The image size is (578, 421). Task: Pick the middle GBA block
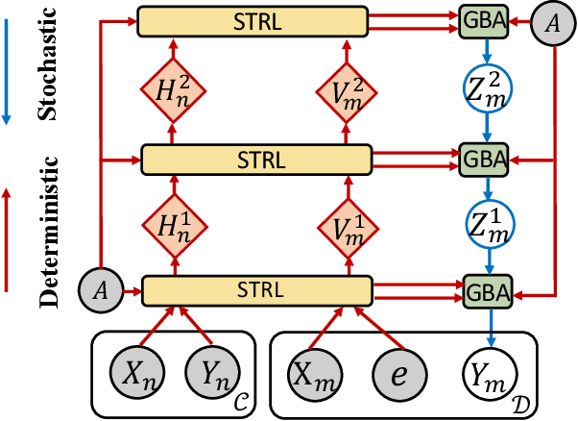(488, 158)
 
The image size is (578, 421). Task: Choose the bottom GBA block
(488, 288)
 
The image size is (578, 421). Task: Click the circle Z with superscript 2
(489, 88)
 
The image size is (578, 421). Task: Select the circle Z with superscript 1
(489, 224)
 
